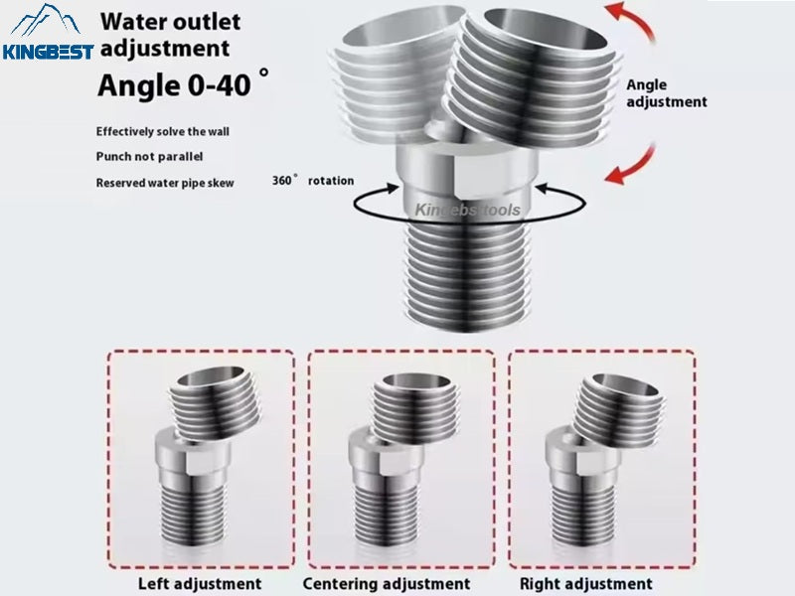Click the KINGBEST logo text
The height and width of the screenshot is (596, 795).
coord(48,52)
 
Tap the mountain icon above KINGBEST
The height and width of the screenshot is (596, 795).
coord(46,20)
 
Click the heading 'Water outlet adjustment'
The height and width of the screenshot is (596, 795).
coord(170,35)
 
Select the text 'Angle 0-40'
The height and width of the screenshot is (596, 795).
coord(174,84)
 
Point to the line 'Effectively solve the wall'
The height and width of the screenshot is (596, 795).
coord(163,132)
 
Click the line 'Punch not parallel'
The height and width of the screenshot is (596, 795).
coord(150,156)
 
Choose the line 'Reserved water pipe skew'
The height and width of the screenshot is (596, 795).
coord(165,183)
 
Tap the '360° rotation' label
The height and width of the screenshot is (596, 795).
coord(313,181)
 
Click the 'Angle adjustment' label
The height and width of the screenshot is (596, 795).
coord(666,93)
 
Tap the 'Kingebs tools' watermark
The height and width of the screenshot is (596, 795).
coord(467,210)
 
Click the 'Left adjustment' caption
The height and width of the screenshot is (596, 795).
coord(200,584)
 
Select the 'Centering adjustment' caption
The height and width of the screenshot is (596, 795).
coord(387,584)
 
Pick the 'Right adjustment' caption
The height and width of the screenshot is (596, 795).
coord(586,584)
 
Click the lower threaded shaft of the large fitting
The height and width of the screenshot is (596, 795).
coord(467,276)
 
